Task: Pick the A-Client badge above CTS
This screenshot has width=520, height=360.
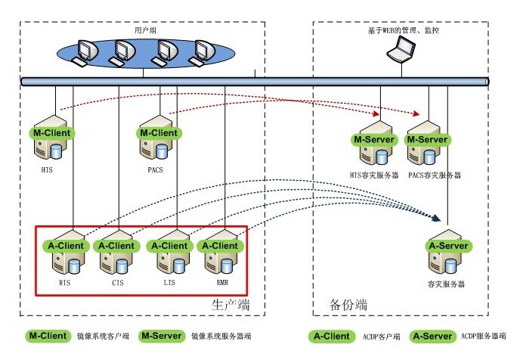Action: click(x=116, y=246)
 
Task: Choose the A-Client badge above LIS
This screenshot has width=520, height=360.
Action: click(x=169, y=246)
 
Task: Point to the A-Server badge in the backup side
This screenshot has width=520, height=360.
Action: click(x=449, y=246)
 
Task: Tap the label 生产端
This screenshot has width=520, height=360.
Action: click(x=230, y=304)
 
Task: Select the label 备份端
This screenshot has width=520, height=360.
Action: click(x=348, y=304)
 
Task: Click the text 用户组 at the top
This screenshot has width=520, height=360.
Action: click(x=144, y=30)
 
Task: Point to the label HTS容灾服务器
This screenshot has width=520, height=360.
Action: click(x=375, y=175)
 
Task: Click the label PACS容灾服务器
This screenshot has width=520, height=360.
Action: click(x=435, y=175)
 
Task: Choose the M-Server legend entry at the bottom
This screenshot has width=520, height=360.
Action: click(x=162, y=335)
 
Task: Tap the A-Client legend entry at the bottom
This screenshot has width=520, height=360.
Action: click(x=332, y=335)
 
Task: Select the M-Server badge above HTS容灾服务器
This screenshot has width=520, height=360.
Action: click(x=375, y=140)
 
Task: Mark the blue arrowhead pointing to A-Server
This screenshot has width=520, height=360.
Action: click(x=436, y=219)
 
